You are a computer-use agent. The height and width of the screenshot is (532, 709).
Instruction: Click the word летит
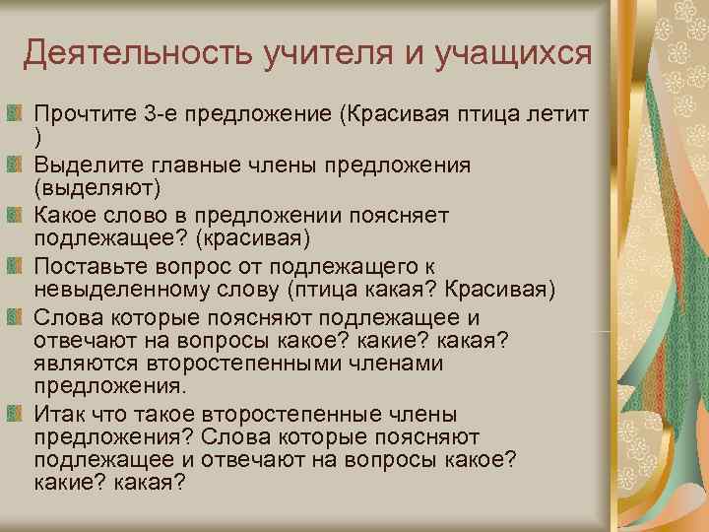pos(558,115)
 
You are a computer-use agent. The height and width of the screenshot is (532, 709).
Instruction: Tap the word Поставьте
pos(88,264)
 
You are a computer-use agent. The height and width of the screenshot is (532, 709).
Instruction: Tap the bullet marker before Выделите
pos(14,164)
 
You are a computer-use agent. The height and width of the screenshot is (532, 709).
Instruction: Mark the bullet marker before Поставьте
pos(14,263)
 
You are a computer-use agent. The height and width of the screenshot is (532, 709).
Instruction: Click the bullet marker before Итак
pos(14,413)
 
